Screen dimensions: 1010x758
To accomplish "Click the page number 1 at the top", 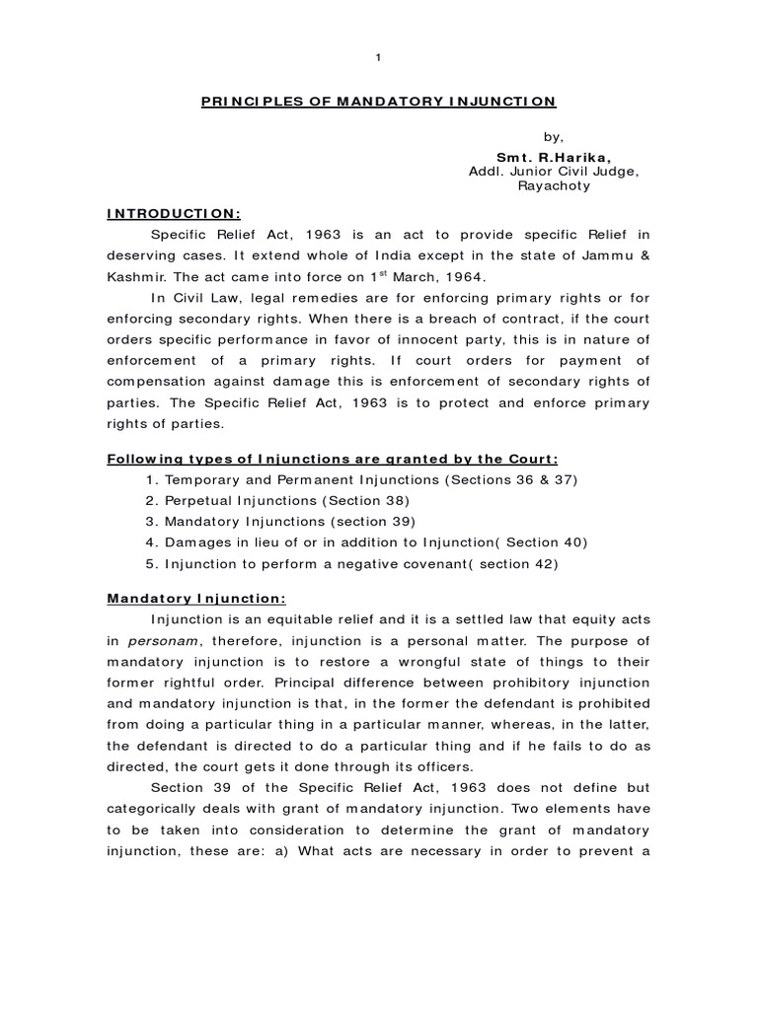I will point(379,57).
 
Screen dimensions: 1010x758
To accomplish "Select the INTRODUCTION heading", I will point(173,214).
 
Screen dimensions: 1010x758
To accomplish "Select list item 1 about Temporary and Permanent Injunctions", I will point(360,478).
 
